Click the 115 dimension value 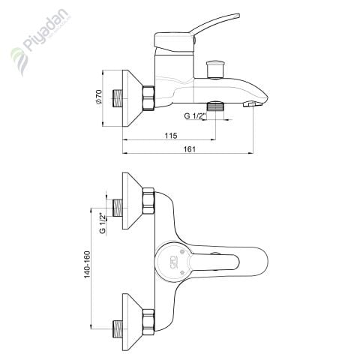171,136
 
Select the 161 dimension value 190,149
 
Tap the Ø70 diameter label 99,97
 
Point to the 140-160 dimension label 87,265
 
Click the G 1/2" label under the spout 195,116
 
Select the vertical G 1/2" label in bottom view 103,223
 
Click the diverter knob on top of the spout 215,69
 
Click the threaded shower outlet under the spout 215,106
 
